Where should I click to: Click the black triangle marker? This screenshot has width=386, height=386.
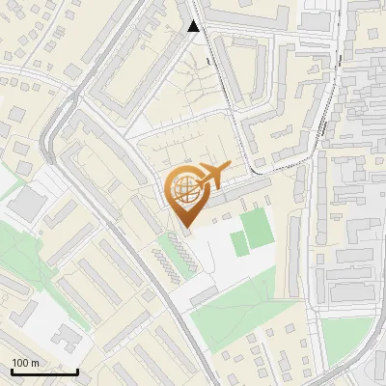tap(194, 26)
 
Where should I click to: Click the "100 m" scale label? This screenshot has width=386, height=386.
tap(24, 363)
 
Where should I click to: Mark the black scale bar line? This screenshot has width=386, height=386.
tap(44, 372)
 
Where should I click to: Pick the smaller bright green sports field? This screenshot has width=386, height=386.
tap(239, 244)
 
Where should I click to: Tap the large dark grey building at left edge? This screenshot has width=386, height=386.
tap(29, 203)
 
